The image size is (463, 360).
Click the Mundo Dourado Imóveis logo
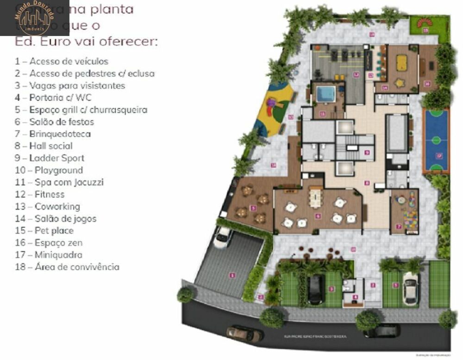point(35,18)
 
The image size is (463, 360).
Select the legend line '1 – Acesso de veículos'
point(61,62)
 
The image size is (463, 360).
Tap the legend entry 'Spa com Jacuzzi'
point(59,182)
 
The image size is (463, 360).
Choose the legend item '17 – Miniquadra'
point(48,255)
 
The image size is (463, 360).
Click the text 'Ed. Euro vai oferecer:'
point(86,42)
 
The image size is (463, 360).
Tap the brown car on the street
point(244,333)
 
